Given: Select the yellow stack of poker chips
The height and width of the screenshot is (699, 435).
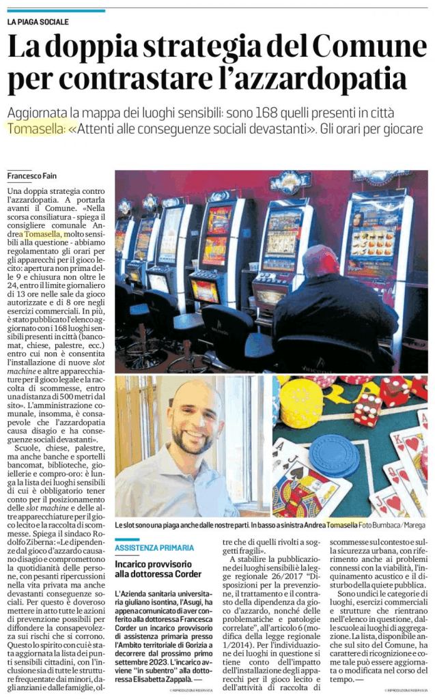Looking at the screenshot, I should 301,403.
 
